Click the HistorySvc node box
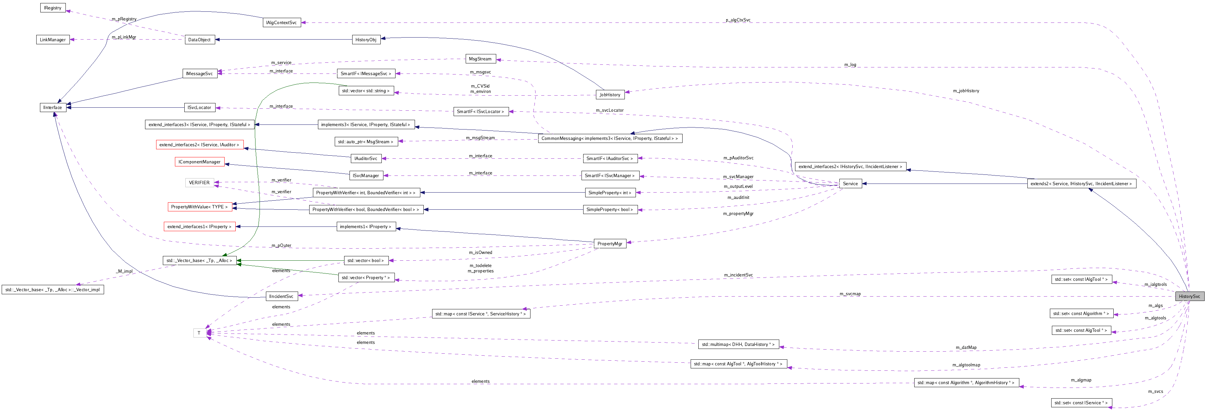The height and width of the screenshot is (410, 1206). (x=1189, y=296)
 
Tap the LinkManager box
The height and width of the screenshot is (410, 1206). (x=53, y=40)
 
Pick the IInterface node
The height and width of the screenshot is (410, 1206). (x=53, y=108)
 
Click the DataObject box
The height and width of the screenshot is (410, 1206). (x=199, y=40)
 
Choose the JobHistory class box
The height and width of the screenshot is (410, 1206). (x=610, y=95)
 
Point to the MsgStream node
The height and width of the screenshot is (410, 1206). (x=480, y=59)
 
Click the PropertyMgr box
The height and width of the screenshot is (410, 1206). (x=610, y=244)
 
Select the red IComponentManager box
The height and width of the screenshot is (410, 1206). (x=199, y=162)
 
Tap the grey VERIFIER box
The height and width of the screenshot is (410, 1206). (x=199, y=183)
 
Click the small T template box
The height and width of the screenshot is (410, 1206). (x=199, y=333)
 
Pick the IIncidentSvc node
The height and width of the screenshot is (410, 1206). (x=281, y=296)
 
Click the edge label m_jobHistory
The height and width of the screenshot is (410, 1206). (x=966, y=91)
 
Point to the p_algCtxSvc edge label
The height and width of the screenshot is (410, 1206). (x=738, y=20)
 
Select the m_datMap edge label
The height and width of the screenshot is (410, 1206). (x=966, y=348)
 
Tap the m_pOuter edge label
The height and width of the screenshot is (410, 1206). (x=281, y=246)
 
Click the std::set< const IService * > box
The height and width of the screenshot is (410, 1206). (x=1081, y=403)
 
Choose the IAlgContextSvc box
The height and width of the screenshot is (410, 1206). (x=281, y=22)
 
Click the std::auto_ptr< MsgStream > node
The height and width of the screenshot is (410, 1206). (x=366, y=142)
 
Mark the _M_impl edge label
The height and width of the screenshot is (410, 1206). (x=125, y=271)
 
